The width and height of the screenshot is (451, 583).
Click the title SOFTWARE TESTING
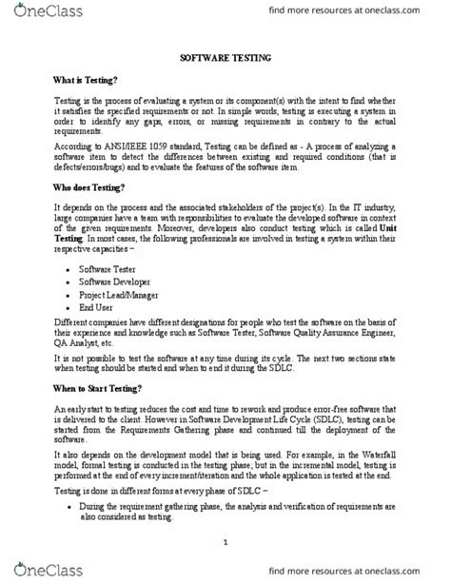(225, 58)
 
